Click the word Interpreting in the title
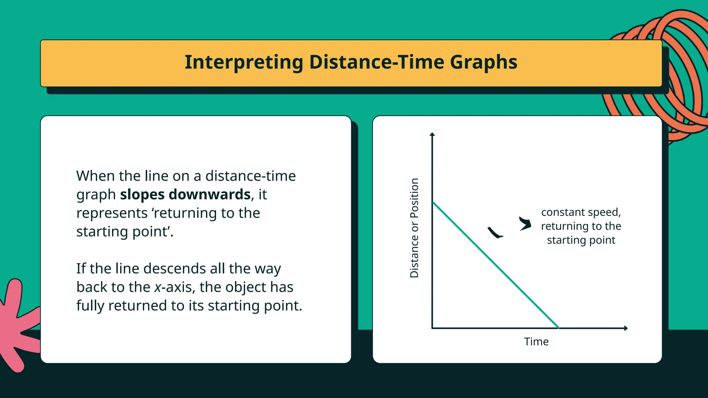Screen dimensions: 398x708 pos(244,63)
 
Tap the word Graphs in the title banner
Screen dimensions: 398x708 pos(484,63)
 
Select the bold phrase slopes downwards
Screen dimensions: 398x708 pos(185,195)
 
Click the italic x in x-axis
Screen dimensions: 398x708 pos(158,287)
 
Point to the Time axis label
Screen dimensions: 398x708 pos(536,342)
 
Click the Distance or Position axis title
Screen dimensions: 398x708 pos(414,228)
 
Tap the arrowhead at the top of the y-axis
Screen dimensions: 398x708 pos(432,134)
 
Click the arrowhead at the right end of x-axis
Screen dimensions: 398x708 pos(626,328)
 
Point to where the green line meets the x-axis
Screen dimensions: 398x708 pos(559,328)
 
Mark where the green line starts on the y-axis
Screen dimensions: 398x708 pos(433,203)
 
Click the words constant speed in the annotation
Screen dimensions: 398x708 pos(581,212)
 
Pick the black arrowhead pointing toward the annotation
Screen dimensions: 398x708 pos(525,224)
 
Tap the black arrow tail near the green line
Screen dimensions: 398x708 pos(495,233)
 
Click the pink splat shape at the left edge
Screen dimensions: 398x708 pos(16,325)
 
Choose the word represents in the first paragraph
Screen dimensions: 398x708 pos(112,213)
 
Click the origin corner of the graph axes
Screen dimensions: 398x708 pos(432,328)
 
